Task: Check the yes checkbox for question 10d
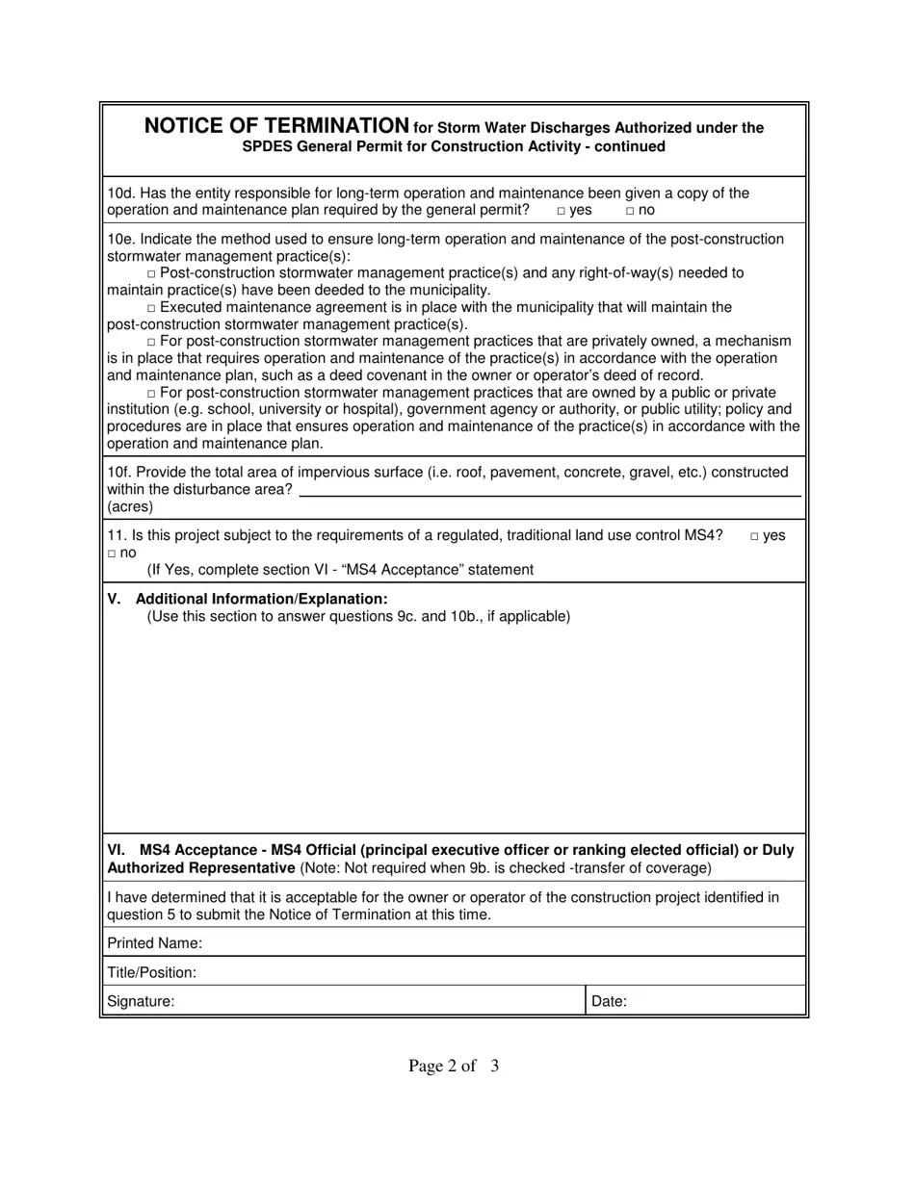[561, 211]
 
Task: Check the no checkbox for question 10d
[630, 211]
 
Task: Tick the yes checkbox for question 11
[754, 536]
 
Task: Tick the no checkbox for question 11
[112, 553]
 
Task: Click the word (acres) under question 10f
[130, 506]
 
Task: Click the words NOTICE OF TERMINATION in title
[276, 126]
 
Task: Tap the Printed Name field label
[154, 942]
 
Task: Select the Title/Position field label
[151, 972]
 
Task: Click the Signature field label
[141, 1001]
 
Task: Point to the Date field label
[609, 1001]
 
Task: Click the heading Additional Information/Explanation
[261, 599]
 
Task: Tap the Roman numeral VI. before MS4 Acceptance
[116, 850]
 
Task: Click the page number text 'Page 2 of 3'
[454, 1066]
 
